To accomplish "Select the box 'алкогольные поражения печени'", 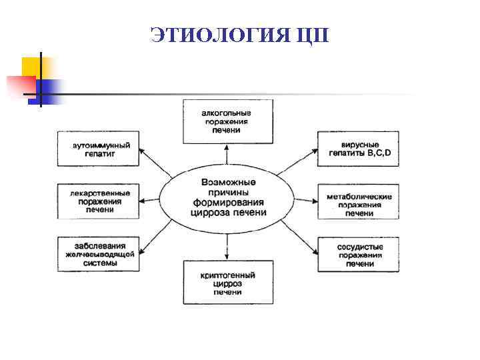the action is point(227,122).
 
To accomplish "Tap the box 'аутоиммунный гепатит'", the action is point(99,149).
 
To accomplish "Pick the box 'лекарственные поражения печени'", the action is point(99,201).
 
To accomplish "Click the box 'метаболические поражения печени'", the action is point(359,201).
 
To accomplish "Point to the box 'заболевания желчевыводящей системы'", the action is point(99,253).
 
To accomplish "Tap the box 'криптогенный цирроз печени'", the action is point(227,283).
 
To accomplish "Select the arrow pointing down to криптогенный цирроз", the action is point(227,246).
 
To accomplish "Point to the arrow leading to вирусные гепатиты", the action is point(297,163).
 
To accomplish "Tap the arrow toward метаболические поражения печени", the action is point(304,199).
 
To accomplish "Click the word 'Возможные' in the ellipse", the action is point(227,181).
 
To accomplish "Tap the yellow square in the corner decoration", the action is point(31,66).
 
